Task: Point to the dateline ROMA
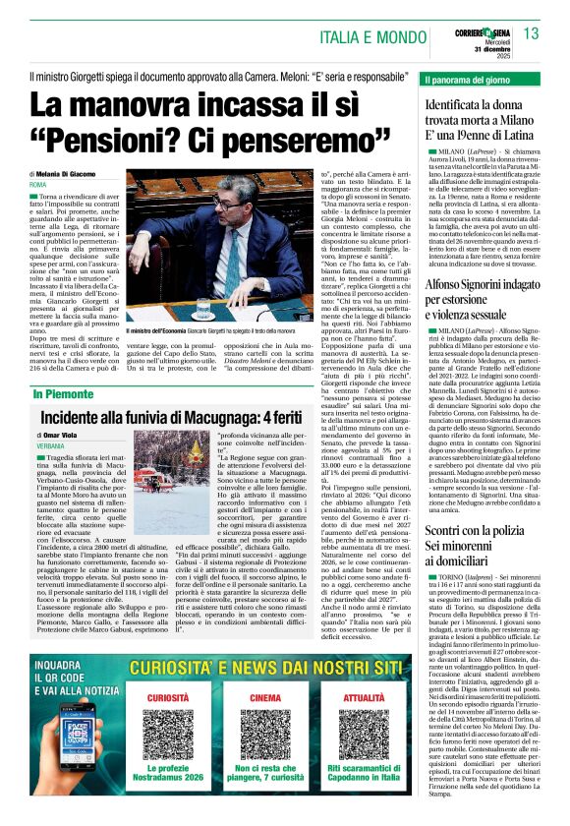38,185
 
